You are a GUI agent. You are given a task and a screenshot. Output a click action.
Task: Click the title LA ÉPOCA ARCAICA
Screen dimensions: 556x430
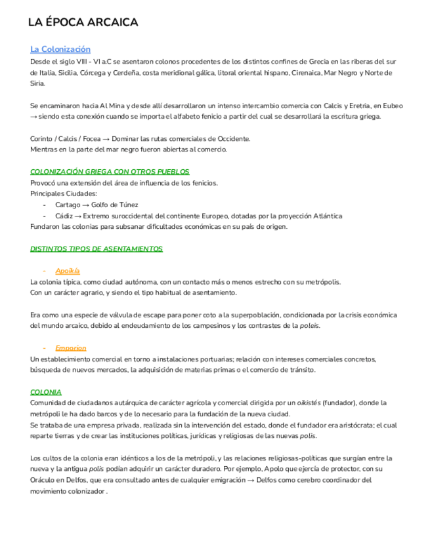[x=83, y=23]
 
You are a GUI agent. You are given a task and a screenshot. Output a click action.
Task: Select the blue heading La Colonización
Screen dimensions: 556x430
[x=60, y=49]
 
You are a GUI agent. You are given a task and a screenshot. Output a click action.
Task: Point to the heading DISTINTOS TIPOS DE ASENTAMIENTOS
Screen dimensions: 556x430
[x=97, y=249]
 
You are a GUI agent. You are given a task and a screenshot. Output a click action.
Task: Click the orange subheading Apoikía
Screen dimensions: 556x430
[x=68, y=270]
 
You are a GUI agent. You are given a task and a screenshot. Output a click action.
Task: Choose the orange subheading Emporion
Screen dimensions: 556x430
[x=71, y=347]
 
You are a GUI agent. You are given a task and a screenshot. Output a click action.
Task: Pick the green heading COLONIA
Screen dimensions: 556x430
[x=46, y=391]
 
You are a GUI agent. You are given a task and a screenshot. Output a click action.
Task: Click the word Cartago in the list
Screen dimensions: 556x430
[x=68, y=205]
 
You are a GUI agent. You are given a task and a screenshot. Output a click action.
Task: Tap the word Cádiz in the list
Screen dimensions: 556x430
[x=64, y=216]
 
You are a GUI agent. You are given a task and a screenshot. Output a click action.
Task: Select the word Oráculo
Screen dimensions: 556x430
[x=45, y=480]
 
